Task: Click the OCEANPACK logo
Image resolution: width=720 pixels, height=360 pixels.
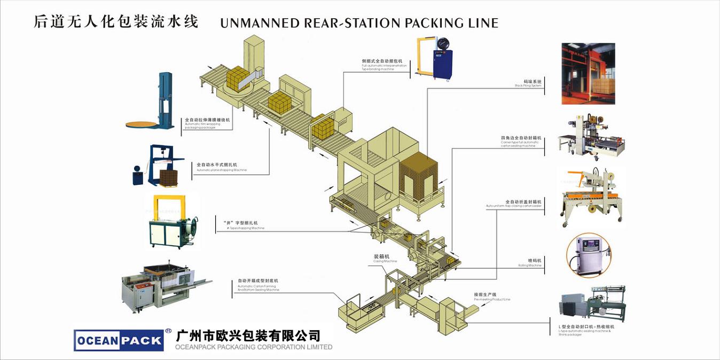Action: pos(119,340)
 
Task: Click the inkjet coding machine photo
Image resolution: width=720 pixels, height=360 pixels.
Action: pos(588,255)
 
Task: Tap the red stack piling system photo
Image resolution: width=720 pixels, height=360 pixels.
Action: pos(588,73)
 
